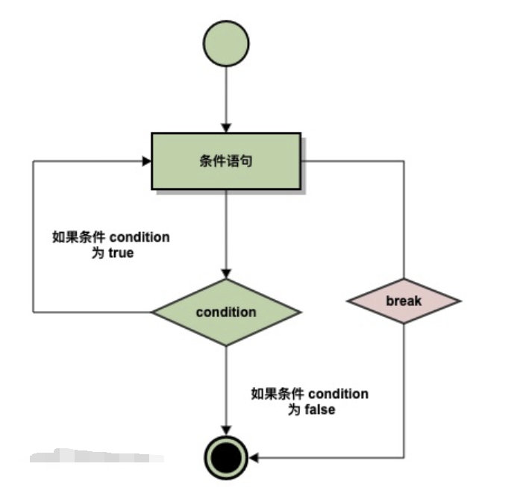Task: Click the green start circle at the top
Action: [226, 41]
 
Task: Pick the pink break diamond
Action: [404, 301]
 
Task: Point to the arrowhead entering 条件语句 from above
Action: [226, 128]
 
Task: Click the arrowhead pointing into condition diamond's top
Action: [226, 274]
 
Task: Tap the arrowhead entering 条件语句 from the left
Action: [145, 160]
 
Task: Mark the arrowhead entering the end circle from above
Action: [226, 429]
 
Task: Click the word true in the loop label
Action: [120, 253]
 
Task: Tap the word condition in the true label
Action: [140, 238]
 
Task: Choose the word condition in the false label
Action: [338, 394]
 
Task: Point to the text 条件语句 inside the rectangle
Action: [226, 160]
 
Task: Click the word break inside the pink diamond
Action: [404, 301]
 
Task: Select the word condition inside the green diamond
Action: [226, 312]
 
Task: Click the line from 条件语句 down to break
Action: [404, 224]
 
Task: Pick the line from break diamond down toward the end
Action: [404, 388]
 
